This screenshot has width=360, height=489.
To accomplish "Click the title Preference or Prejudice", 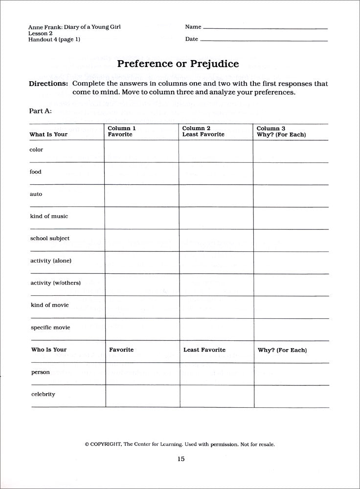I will point(178,64).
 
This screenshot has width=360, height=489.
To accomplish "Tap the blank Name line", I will point(265,28).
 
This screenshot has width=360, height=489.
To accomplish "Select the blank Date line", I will point(264,40).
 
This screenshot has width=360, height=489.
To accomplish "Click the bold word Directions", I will point(48,84).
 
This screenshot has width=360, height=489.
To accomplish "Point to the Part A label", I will point(41,111).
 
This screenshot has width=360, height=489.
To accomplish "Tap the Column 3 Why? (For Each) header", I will point(281,132).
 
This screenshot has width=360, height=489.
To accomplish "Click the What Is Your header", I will point(48,134).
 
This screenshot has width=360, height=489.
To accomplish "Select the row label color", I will point(37,150).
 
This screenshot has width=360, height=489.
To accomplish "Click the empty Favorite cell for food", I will point(141,174).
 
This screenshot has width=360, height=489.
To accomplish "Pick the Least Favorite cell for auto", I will point(215,196).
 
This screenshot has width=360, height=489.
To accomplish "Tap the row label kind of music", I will point(49,216).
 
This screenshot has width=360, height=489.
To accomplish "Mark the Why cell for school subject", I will point(291,240).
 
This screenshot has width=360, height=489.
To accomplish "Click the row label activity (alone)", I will point(51,261).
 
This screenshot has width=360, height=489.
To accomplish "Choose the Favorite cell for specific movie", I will point(141,329).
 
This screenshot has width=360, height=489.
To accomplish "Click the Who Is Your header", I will point(49,350).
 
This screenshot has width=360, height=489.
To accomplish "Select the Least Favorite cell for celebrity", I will point(216,396).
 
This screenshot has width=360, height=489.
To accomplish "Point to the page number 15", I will point(180,459).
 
